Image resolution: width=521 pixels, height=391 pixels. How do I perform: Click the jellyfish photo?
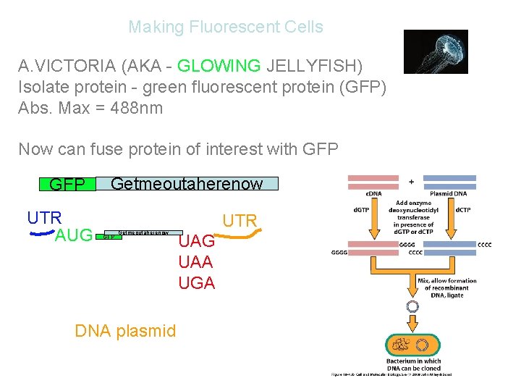point(435,51)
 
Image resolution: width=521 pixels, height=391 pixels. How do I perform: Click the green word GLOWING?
point(219,66)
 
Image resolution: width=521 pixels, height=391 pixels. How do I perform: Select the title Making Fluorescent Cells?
point(226,27)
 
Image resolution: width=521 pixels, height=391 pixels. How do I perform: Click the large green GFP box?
point(67,184)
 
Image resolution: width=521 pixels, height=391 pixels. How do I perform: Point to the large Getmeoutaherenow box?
point(187,183)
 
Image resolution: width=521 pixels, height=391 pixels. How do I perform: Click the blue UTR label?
point(44,217)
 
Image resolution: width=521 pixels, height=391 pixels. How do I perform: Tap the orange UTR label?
point(240,220)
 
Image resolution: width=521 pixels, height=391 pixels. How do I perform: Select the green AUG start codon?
point(74,235)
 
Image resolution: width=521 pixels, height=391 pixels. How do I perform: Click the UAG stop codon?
point(196,242)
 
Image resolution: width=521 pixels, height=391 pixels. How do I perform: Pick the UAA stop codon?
point(196,262)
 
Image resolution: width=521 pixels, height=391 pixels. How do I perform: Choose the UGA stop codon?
point(196,282)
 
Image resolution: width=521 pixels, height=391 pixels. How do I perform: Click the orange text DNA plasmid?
point(125,331)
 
